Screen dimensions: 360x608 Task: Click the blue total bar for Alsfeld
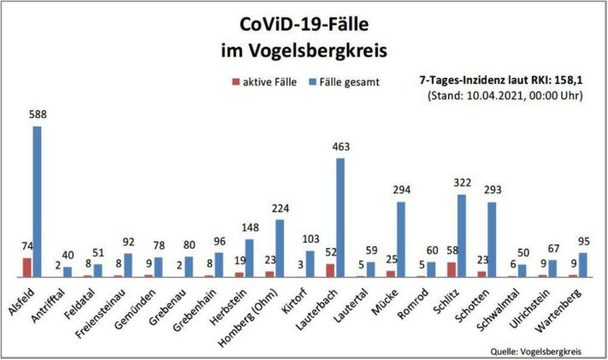(x=37, y=202)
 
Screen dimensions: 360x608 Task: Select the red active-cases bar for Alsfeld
(x=27, y=268)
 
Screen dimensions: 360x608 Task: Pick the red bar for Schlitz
(x=452, y=269)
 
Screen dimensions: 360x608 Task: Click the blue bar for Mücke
(x=401, y=239)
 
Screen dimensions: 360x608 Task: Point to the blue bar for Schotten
(x=493, y=239)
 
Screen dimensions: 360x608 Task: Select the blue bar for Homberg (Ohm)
(x=280, y=249)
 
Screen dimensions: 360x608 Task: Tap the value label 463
(x=340, y=148)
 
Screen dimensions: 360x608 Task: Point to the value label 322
(x=463, y=185)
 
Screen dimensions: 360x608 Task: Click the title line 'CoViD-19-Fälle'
(x=303, y=22)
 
